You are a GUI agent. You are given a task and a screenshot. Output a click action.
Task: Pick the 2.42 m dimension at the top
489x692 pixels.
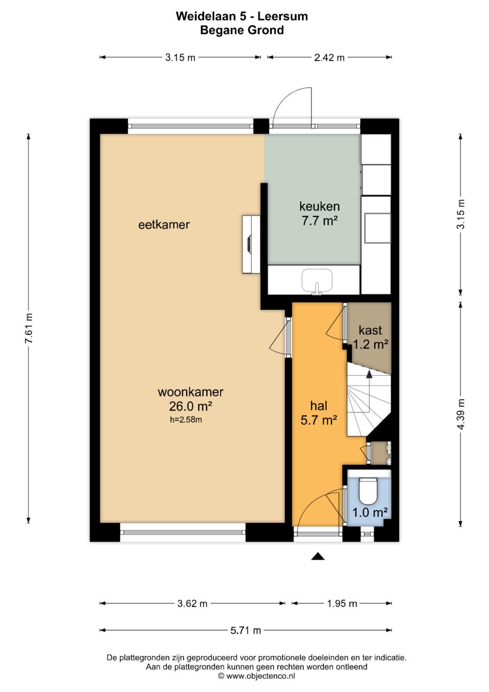(329, 58)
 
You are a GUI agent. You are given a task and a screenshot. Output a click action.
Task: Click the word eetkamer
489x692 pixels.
(164, 225)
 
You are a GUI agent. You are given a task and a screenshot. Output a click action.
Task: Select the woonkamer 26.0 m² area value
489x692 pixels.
(191, 406)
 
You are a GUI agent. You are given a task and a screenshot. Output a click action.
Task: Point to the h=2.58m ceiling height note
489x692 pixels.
(186, 420)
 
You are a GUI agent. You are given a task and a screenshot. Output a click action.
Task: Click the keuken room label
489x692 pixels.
(320, 206)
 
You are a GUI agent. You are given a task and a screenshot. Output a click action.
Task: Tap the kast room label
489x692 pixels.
(370, 330)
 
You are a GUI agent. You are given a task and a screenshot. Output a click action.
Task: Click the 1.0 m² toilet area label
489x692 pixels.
(370, 513)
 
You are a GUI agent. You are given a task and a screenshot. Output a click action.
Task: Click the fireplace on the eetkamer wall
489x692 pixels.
(251, 244)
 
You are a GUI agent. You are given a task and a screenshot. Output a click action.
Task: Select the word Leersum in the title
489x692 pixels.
(283, 16)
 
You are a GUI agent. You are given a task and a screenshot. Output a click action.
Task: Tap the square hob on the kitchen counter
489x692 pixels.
(377, 227)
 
